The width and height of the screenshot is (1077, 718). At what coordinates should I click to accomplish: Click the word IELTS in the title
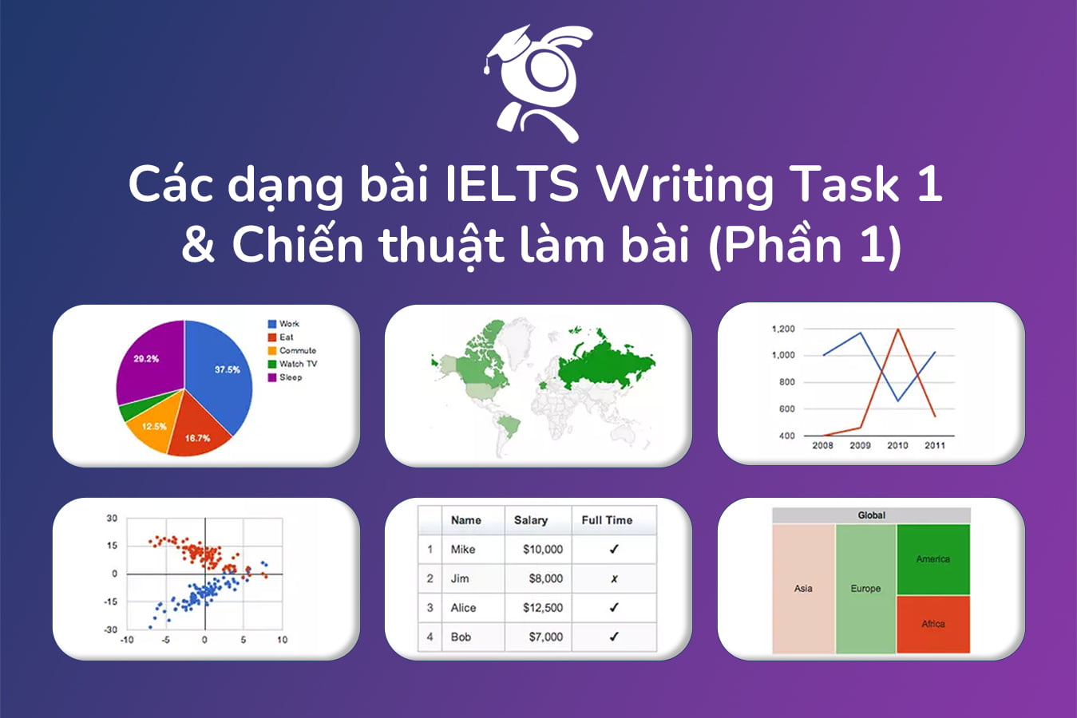512,184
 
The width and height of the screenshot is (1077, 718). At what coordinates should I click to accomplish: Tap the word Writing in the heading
686,184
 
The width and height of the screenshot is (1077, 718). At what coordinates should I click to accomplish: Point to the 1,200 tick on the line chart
783,329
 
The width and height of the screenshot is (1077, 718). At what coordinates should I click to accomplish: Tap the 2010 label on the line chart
897,445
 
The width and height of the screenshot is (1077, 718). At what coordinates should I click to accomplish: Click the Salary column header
531,520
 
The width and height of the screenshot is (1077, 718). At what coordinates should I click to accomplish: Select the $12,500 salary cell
543,608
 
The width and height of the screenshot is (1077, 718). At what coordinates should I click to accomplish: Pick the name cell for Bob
461,637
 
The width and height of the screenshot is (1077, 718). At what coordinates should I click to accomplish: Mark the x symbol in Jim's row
614,578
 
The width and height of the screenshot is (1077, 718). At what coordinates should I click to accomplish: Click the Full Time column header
607,520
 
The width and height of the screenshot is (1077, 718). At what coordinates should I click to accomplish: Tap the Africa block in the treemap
933,624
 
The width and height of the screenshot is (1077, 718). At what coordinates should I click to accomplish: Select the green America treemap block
933,559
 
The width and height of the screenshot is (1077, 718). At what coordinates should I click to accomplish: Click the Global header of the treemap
871,515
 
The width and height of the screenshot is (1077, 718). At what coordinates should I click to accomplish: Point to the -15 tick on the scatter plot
111,602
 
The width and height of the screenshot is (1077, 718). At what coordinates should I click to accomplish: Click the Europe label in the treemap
865,589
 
